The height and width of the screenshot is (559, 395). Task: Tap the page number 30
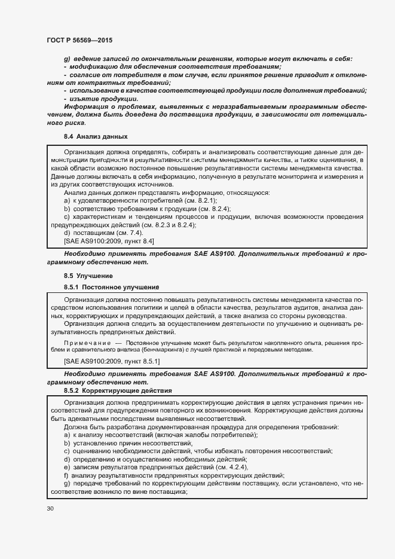pyautogui.click(x=50, y=508)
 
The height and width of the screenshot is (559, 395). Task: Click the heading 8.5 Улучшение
pyautogui.click(x=88, y=276)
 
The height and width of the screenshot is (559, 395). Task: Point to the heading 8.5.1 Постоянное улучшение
pyautogui.click(x=107, y=288)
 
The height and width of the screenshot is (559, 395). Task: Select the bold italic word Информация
pyautogui.click(x=85, y=106)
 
